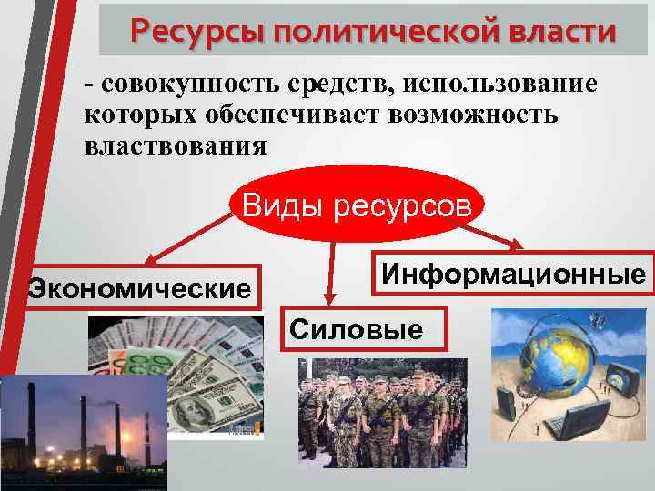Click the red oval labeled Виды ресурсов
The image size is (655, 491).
pyautogui.click(x=357, y=205)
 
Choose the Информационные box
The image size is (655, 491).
pyautogui.click(x=514, y=273)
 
